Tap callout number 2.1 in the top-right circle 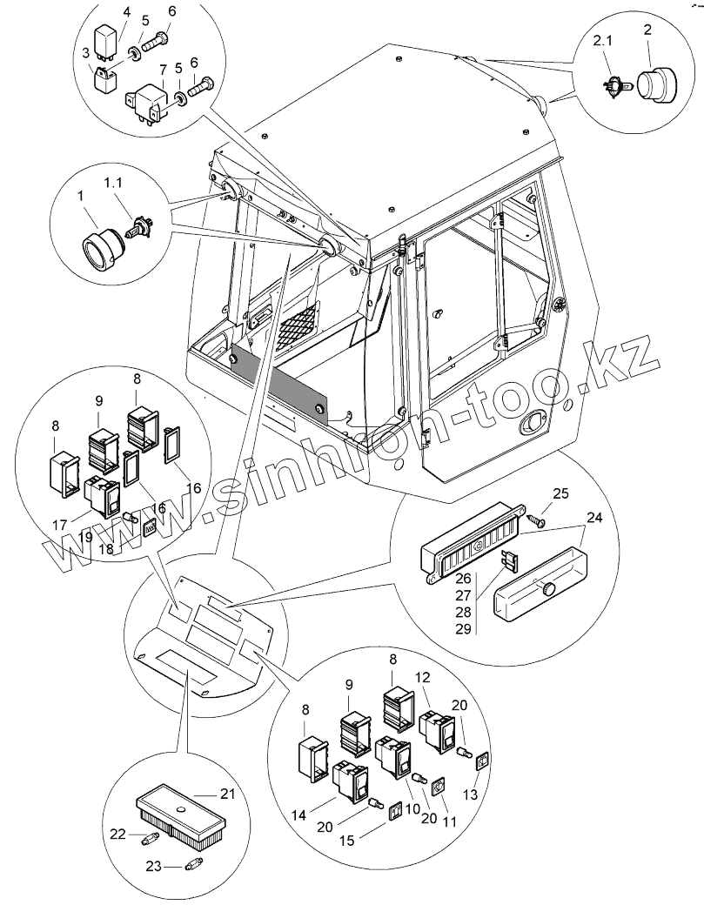click(x=603, y=41)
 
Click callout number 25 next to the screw click(x=561, y=494)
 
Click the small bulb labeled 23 click(x=194, y=865)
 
